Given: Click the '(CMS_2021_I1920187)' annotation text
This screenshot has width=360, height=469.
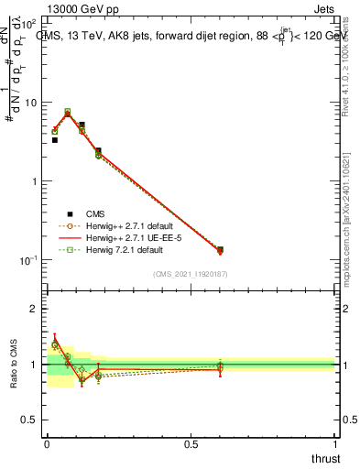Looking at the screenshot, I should [x=191, y=274].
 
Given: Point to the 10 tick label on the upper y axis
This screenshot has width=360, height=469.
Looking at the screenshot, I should [x=32, y=103].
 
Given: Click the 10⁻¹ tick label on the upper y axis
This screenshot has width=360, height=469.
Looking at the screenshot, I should [x=30, y=260].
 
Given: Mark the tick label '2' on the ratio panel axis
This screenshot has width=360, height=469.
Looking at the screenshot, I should [x=35, y=309].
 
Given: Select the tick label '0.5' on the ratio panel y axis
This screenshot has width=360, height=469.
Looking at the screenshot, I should [x=30, y=420].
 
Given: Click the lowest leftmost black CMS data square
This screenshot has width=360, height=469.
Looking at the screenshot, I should [x=55, y=140].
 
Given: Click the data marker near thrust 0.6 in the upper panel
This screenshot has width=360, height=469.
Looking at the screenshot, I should [x=220, y=249].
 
